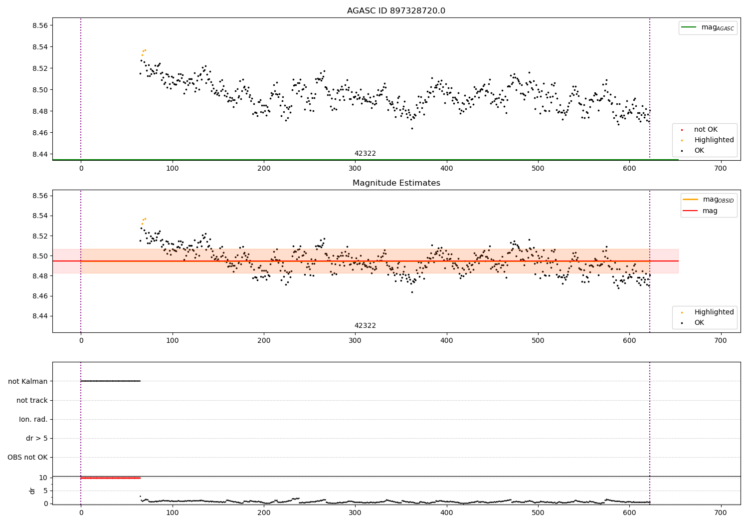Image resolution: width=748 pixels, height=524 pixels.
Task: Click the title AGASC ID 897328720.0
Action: point(396,11)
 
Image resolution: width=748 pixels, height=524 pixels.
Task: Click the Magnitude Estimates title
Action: point(396,183)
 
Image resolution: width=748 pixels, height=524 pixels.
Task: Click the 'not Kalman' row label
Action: point(28,381)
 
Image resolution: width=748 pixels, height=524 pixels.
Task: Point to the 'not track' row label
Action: point(32,400)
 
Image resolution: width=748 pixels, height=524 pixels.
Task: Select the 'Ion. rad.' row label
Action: point(33,419)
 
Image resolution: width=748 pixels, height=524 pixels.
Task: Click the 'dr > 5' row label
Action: point(37,438)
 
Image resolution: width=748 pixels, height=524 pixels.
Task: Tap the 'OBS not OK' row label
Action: point(27,457)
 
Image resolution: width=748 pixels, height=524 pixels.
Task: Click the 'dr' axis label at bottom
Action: point(32,491)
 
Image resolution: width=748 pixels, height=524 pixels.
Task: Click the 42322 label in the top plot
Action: point(365,154)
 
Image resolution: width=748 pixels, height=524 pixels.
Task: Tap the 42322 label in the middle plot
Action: point(365,326)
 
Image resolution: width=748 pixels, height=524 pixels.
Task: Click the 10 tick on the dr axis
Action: point(43,478)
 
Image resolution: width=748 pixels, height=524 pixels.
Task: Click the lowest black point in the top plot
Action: point(412,128)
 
